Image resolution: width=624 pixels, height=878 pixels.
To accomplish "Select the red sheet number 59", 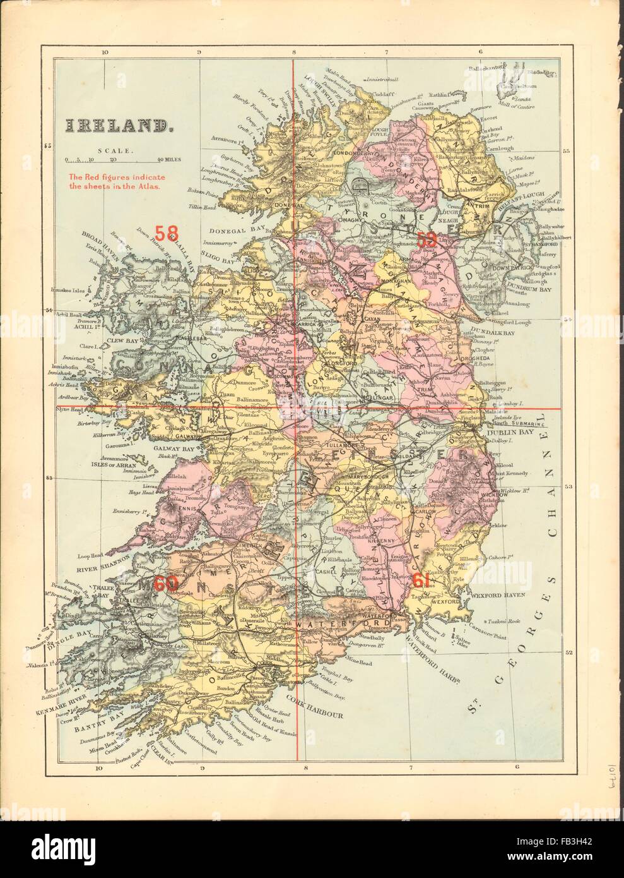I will pyautogui.click(x=427, y=238).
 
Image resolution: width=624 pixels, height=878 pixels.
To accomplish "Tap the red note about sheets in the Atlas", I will pyautogui.click(x=114, y=182).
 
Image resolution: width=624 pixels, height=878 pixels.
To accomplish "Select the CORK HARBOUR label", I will pyautogui.click(x=314, y=716).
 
